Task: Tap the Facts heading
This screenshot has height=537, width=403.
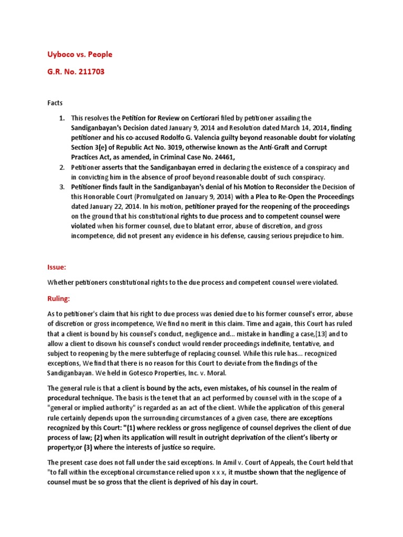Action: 55,103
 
